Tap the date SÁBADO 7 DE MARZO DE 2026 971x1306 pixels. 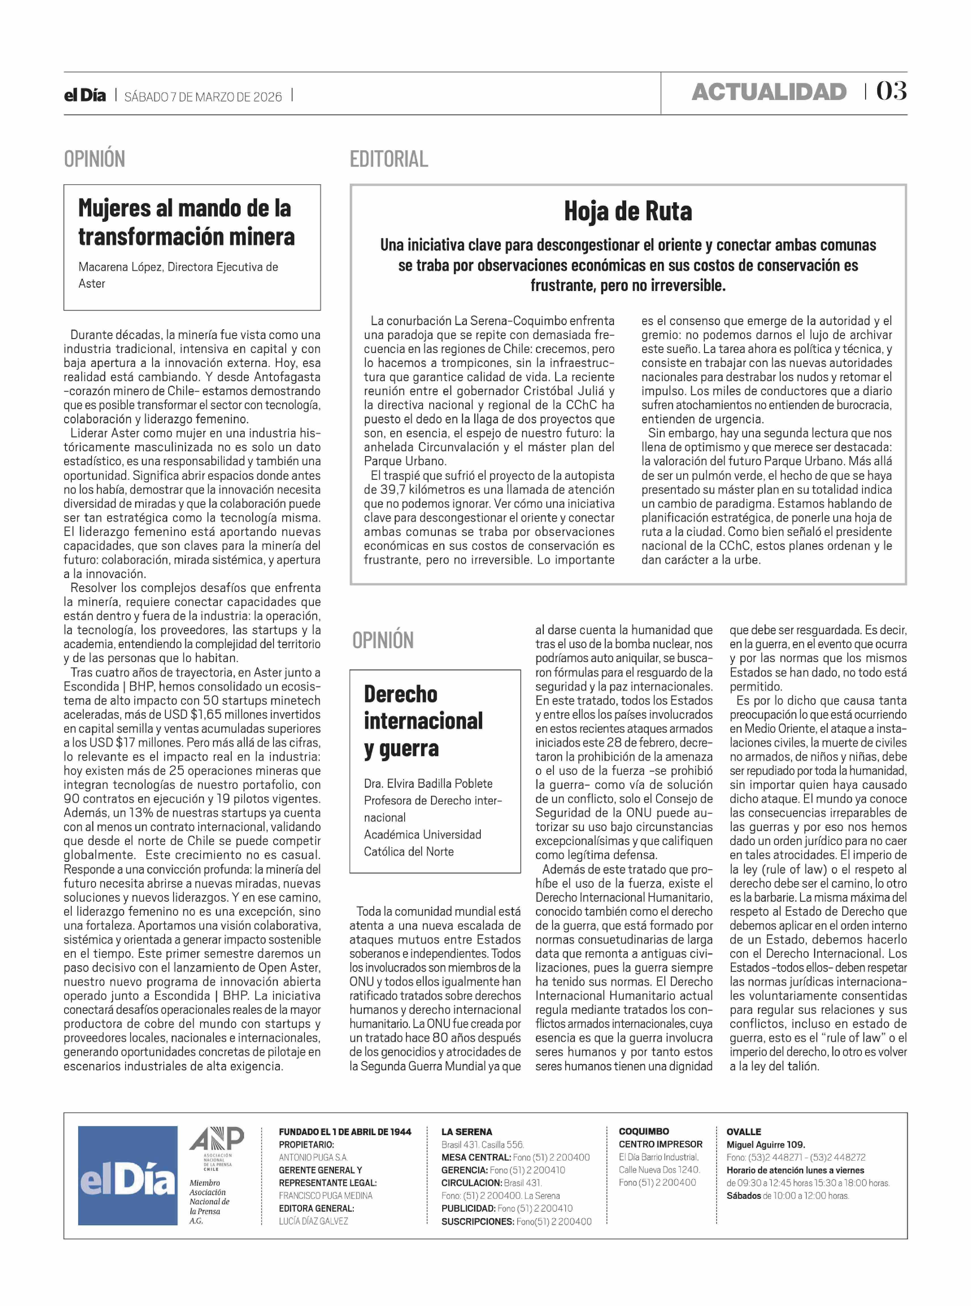pos(203,97)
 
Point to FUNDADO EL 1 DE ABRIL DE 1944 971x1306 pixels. pos(345,1131)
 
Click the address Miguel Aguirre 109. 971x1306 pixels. pos(765,1144)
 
